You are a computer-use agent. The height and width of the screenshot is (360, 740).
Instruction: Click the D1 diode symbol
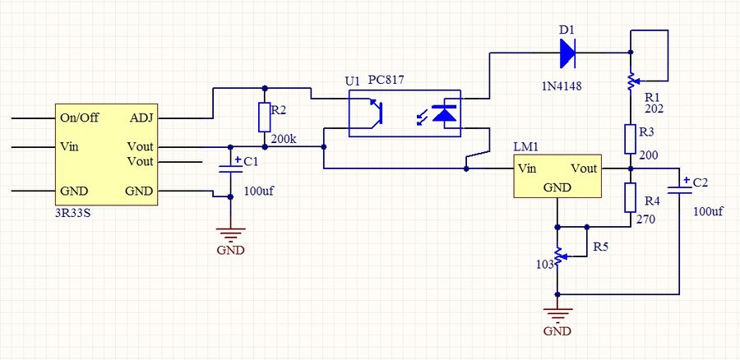(567, 53)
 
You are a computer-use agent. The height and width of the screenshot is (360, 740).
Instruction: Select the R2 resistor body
(264, 118)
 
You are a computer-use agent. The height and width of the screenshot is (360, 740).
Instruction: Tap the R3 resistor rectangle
(630, 139)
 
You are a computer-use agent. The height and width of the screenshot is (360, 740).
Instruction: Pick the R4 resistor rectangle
(630, 198)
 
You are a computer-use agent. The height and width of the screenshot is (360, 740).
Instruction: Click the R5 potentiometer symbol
(558, 257)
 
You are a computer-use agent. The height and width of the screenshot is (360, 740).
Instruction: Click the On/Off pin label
(79, 118)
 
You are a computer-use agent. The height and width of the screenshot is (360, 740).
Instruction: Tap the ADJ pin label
(141, 118)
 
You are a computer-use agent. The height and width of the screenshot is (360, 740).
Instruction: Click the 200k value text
(283, 139)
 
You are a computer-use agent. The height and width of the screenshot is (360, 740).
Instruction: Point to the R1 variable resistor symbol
(630, 81)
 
